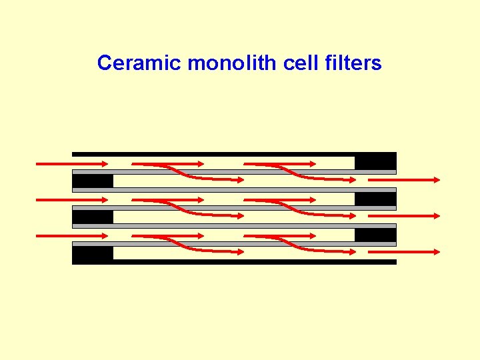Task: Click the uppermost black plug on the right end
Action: pyautogui.click(x=375, y=162)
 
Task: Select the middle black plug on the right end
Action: pyautogui.click(x=375, y=199)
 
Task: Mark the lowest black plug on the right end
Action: pyautogui.click(x=375, y=235)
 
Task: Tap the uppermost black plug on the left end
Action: pyautogui.click(x=92, y=181)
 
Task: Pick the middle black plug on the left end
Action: pyautogui.click(x=92, y=217)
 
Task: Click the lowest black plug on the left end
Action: pyautogui.click(x=92, y=253)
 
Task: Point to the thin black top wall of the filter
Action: pyautogui.click(x=213, y=154)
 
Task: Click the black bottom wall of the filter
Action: pyautogui.click(x=253, y=262)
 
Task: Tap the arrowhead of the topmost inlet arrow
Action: pyautogui.click(x=103, y=163)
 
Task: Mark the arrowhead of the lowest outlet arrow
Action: pyautogui.click(x=436, y=252)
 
